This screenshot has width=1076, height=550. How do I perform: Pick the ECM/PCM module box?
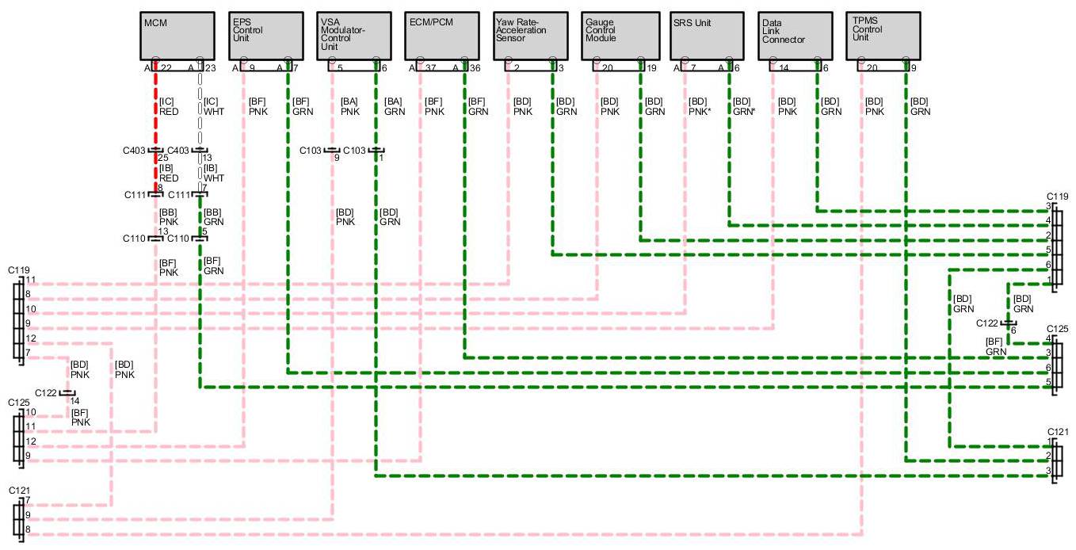pyautogui.click(x=443, y=36)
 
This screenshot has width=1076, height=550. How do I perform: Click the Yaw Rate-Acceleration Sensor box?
pyautogui.click(x=531, y=36)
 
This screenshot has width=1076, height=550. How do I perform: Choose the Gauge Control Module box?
pyautogui.click(x=620, y=36)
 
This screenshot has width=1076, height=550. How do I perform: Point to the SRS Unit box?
pyautogui.click(x=708, y=36)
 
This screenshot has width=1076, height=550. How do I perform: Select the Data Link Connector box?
pyautogui.click(x=796, y=36)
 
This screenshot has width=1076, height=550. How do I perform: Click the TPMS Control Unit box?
pyautogui.click(x=883, y=36)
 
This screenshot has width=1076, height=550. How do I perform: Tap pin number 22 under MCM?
pyautogui.click(x=166, y=69)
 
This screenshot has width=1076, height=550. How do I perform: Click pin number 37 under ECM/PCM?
pyautogui.click(x=431, y=69)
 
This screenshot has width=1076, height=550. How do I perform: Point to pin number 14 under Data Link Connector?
pyautogui.click(x=784, y=69)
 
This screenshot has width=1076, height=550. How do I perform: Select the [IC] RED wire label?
pyautogui.click(x=169, y=106)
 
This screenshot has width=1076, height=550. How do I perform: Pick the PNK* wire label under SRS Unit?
pyautogui.click(x=699, y=112)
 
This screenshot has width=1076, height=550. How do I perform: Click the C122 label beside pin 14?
pyautogui.click(x=46, y=392)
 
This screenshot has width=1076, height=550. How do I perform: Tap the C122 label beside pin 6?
pyautogui.click(x=987, y=323)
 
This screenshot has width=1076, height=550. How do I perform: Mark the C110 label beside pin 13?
pyautogui.click(x=134, y=238)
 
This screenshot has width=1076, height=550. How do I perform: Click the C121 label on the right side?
pyautogui.click(x=1058, y=431)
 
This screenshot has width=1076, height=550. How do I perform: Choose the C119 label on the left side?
pyautogui.click(x=19, y=270)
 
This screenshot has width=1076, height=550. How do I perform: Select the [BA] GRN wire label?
pyautogui.click(x=395, y=106)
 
